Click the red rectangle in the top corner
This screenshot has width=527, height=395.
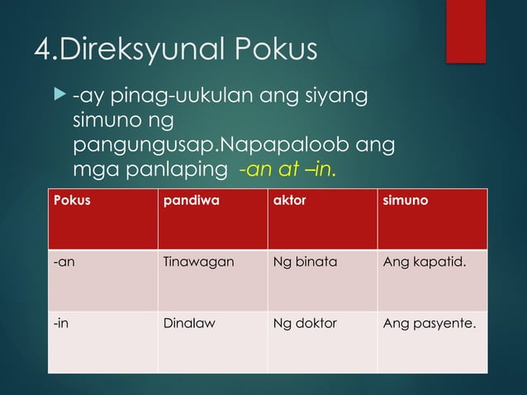click(466, 31)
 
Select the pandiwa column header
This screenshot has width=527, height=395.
click(186, 200)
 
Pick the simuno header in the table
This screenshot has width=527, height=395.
click(405, 200)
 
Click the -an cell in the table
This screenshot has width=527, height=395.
click(61, 264)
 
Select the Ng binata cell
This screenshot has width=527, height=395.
click(305, 264)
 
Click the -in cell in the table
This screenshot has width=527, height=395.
click(60, 323)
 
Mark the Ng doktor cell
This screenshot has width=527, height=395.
click(305, 323)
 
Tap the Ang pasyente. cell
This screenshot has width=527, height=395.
click(430, 323)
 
